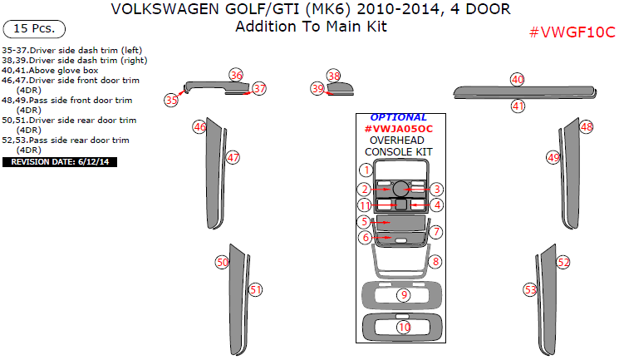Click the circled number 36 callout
pyautogui.click(x=237, y=75)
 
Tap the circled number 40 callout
pyautogui.click(x=518, y=79)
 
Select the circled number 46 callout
pyautogui.click(x=199, y=127)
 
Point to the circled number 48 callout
pyautogui.click(x=587, y=126)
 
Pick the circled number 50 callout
pyautogui.click(x=222, y=262)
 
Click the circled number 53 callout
pyautogui.click(x=530, y=289)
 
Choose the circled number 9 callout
pyautogui.click(x=404, y=295)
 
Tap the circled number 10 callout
pyautogui.click(x=404, y=328)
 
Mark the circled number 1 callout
pyautogui.click(x=365, y=170)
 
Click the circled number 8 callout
pyautogui.click(x=436, y=262)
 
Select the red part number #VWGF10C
pyautogui.click(x=572, y=32)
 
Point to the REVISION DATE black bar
pyautogui.click(x=60, y=161)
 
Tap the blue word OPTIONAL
pyautogui.click(x=398, y=117)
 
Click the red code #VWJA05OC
pyautogui.click(x=398, y=129)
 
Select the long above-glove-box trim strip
pyautogui.click(x=523, y=91)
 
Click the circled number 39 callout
pyautogui.click(x=317, y=88)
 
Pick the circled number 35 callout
pyautogui.click(x=172, y=100)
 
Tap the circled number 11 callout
pyautogui.click(x=365, y=205)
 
